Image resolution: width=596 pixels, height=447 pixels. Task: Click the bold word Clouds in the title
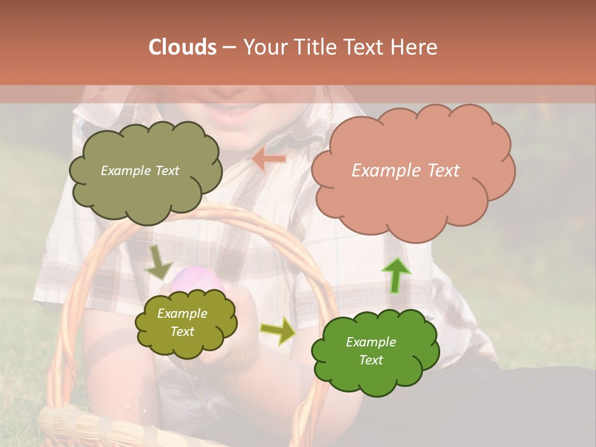coord(183,47)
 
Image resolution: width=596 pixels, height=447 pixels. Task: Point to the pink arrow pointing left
coord(269,160)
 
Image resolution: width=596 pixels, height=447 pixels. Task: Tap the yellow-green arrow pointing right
coord(278,330)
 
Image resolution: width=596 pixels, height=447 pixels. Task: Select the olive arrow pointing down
coord(158,263)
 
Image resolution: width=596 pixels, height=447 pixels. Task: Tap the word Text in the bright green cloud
coord(371,360)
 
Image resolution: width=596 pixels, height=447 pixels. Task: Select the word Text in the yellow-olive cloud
coord(183,332)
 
